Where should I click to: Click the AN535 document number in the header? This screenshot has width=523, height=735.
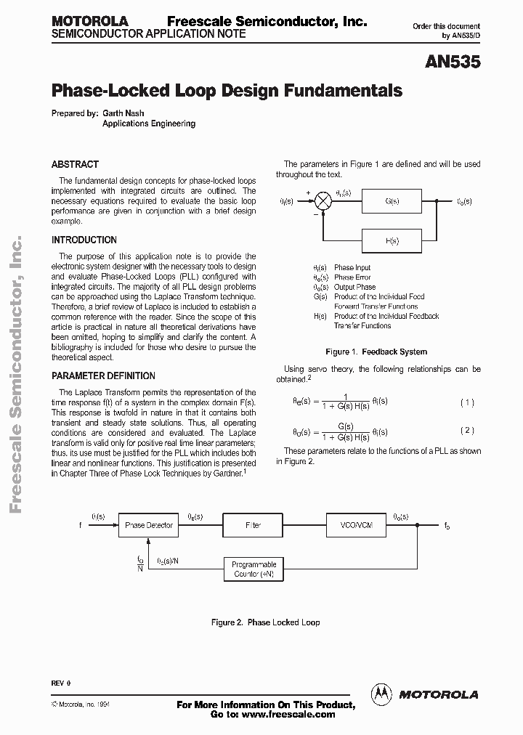(453, 63)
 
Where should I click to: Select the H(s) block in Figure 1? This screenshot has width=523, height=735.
(392, 240)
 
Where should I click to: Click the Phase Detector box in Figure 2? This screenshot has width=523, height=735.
(148, 524)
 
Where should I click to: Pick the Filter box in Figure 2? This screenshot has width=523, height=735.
(253, 524)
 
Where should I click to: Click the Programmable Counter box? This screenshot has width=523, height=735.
(254, 569)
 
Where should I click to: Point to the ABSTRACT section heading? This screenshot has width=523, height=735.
(75, 164)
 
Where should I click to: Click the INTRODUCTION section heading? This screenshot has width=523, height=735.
(84, 240)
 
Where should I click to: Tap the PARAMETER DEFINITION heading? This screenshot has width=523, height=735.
(103, 375)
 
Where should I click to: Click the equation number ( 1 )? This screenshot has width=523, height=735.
(468, 402)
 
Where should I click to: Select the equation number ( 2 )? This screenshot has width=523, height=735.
(468, 430)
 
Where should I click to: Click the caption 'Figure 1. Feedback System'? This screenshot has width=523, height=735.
(376, 352)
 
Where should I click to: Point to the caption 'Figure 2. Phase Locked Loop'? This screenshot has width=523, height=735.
(265, 622)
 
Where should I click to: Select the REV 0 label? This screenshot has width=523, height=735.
(61, 683)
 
